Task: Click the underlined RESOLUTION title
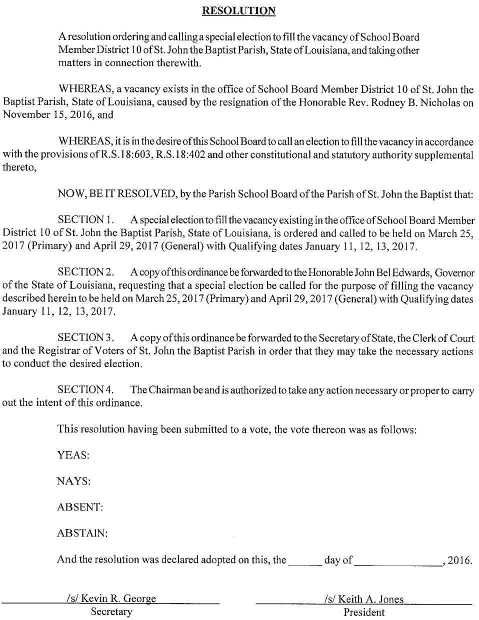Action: tap(239, 11)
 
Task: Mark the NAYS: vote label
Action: tap(74, 481)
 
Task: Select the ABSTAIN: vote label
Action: tap(82, 533)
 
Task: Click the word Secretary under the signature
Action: tap(111, 611)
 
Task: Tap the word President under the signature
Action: tap(364, 612)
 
